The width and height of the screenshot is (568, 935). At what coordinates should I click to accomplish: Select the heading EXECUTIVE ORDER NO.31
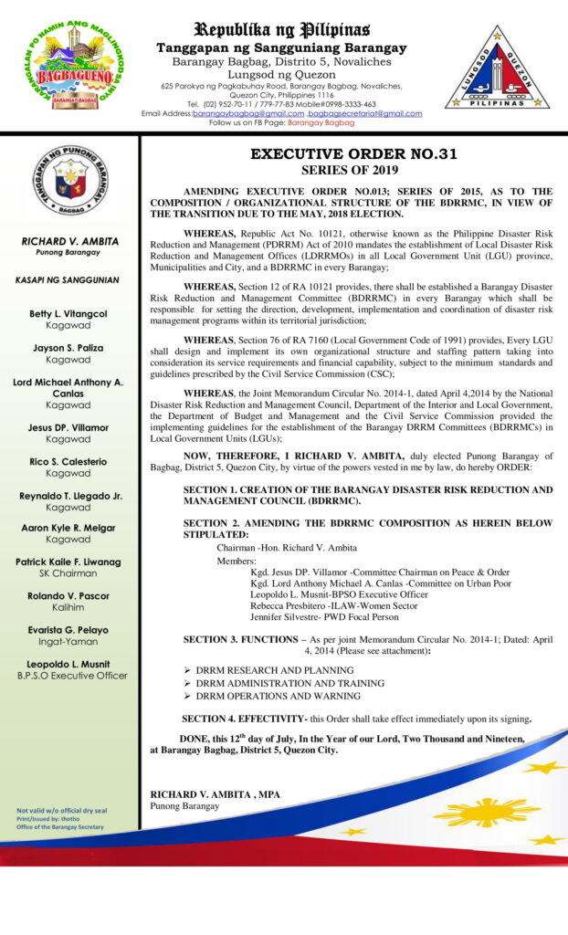[x=353, y=154]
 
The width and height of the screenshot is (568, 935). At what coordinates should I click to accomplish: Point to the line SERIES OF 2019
[x=353, y=170]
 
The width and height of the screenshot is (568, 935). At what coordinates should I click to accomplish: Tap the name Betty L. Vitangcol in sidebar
[x=68, y=313]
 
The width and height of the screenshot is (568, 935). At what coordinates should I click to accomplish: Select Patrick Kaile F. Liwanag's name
[x=68, y=562]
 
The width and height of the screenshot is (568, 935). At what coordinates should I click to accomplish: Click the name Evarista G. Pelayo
[x=68, y=630]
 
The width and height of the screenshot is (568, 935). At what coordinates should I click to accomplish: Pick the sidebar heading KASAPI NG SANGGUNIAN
[x=68, y=278]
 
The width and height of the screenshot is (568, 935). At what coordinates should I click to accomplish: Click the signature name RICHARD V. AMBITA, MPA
[x=216, y=794]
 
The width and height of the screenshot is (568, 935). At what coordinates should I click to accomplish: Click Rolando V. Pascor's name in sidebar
[x=68, y=596]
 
